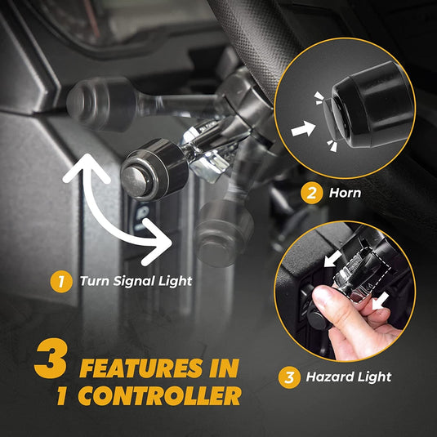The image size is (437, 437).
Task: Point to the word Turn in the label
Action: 94,282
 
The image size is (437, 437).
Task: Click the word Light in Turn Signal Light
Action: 176,282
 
